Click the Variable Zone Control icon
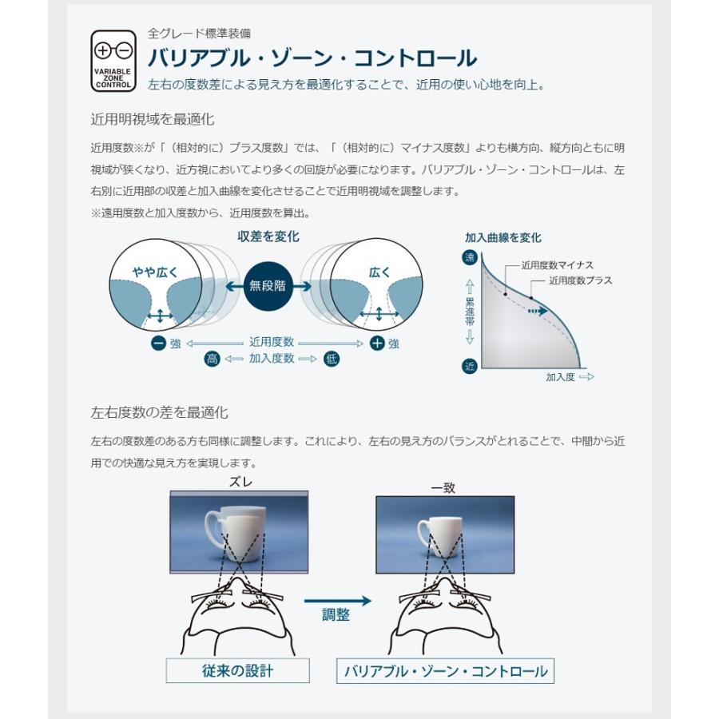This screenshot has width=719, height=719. [x=113, y=60]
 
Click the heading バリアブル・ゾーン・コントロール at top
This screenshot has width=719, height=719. [x=312, y=58]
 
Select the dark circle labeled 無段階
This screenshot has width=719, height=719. [x=267, y=285]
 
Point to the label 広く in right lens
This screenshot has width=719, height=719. [x=379, y=272]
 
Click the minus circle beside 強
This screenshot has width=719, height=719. [x=158, y=344]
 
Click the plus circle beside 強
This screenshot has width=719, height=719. [x=378, y=344]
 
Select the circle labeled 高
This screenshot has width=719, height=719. [x=212, y=359]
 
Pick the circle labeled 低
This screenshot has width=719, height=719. [x=331, y=359]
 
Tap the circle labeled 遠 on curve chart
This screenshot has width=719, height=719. [x=469, y=257]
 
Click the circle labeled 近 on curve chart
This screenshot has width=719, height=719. [x=469, y=367]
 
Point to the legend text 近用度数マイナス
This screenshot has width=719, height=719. [x=557, y=265]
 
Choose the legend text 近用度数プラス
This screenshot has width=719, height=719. [x=581, y=280]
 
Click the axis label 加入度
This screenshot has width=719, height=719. [x=561, y=376]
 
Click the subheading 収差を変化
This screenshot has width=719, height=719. [x=268, y=236]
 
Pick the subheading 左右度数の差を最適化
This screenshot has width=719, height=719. [x=160, y=413]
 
